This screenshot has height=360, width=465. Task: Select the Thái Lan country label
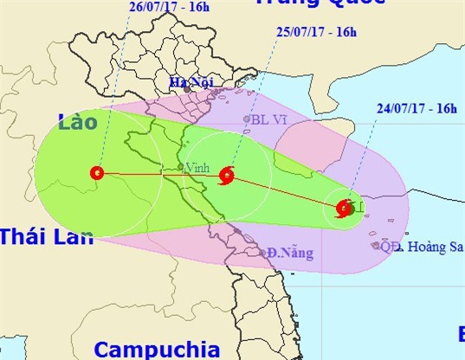(46, 236)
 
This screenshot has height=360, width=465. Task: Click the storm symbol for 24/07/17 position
(344, 208)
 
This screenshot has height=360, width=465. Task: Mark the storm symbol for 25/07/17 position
(227, 176)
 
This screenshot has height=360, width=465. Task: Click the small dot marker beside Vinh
(180, 167)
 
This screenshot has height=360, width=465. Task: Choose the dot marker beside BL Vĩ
(247, 120)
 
